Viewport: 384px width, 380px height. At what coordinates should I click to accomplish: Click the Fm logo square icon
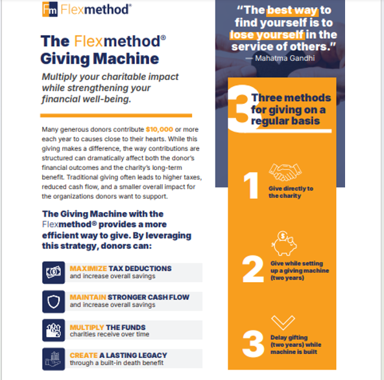50,9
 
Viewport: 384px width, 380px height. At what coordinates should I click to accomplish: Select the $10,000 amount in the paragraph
160,129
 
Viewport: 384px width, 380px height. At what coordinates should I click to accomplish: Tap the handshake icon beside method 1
285,172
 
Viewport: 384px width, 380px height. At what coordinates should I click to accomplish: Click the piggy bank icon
284,244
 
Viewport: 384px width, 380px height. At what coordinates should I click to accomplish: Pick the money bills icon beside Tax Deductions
54,272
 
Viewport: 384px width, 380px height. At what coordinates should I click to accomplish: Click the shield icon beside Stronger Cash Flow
54,302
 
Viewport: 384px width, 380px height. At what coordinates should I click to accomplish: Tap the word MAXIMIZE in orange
88,268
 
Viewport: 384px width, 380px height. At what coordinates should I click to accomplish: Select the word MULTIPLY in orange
87,327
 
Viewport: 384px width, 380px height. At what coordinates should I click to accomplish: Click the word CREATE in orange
84,355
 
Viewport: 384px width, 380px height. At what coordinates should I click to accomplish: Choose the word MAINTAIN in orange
88,297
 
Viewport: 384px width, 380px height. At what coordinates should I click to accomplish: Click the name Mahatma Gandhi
285,58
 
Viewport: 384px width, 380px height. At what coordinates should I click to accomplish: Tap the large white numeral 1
251,185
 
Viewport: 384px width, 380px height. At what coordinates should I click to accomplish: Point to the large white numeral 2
253,269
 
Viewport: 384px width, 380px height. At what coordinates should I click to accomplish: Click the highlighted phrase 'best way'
293,10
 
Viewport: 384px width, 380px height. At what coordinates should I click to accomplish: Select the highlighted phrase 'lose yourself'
267,35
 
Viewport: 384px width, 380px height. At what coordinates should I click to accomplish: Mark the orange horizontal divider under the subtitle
116,115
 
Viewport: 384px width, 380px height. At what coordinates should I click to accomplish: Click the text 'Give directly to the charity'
291,192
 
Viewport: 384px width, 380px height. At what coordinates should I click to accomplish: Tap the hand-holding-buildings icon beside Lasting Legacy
54,359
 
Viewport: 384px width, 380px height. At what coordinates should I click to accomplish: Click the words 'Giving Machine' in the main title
100,59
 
